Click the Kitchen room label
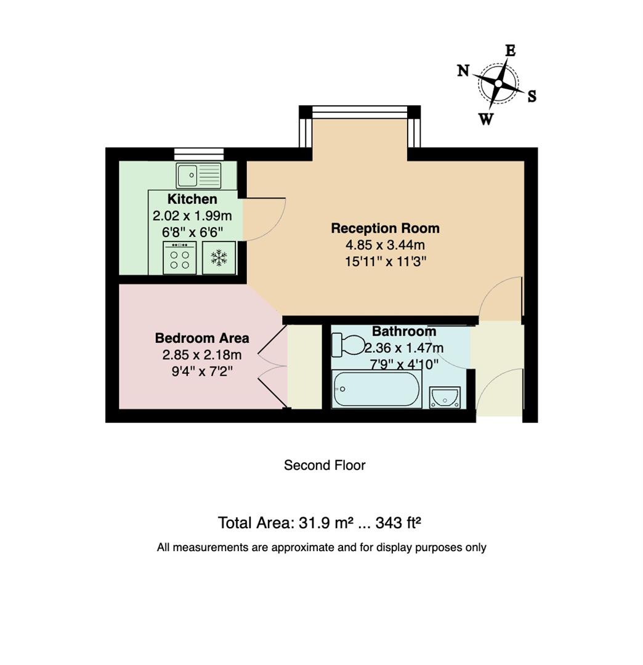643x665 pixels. point(192,199)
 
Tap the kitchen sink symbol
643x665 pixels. point(198,175)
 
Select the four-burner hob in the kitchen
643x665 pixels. point(180,258)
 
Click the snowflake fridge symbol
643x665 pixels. point(219,258)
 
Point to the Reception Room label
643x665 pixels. point(385,228)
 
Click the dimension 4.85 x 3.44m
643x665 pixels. point(385,245)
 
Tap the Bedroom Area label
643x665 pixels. point(202,338)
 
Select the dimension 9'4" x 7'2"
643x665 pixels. point(202,371)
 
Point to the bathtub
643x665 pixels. point(376,389)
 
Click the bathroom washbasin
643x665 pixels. point(445,397)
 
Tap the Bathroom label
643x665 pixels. point(404,331)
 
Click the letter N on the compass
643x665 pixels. point(463,70)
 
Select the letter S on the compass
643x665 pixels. point(532,96)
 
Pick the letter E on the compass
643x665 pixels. point(510,50)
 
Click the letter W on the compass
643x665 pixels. point(486,119)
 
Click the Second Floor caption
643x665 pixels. point(325,465)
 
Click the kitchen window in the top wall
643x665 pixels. point(198,154)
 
